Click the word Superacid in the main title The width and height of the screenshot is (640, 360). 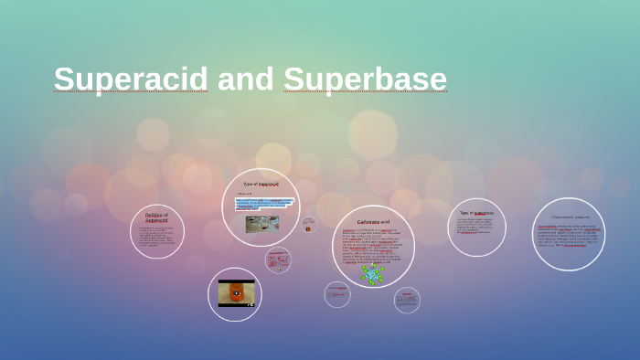[131, 79]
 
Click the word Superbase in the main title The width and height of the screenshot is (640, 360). [365, 79]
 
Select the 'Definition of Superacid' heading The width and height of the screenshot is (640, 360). [156, 217]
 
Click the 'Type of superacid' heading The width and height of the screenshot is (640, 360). [261, 184]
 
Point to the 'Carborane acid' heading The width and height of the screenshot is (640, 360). [373, 222]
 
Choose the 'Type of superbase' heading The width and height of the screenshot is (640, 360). [476, 213]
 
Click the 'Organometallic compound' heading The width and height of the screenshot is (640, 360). [569, 217]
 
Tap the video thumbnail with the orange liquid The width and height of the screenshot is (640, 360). [236, 293]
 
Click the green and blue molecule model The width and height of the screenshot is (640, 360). [372, 273]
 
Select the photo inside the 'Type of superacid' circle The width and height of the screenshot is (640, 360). [262, 224]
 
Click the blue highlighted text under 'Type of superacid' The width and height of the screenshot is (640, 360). [263, 204]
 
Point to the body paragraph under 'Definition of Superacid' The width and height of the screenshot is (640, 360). [156, 237]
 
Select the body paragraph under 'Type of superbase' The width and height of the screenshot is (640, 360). [476, 226]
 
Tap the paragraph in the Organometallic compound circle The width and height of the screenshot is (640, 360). [569, 237]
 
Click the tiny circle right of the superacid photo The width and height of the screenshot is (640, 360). [309, 224]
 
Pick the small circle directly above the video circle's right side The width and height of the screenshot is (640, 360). [278, 260]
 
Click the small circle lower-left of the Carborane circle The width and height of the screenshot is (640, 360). [337, 294]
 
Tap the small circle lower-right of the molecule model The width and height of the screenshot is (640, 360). [407, 300]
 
